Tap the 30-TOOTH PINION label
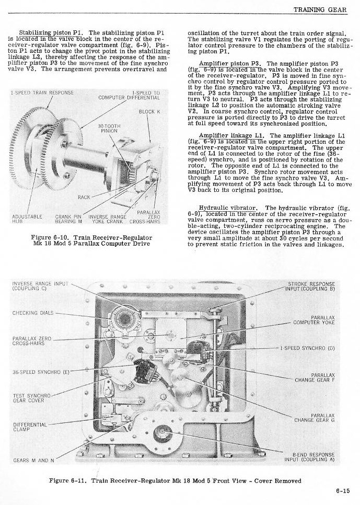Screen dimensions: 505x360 (x=109, y=129)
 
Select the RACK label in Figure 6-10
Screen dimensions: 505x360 (x=84, y=197)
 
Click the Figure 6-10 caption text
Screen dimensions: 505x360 (x=92, y=240)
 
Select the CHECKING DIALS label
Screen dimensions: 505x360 (x=32, y=313)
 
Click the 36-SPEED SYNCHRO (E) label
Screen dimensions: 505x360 (x=40, y=372)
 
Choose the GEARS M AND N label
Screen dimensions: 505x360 (x=33, y=461)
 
